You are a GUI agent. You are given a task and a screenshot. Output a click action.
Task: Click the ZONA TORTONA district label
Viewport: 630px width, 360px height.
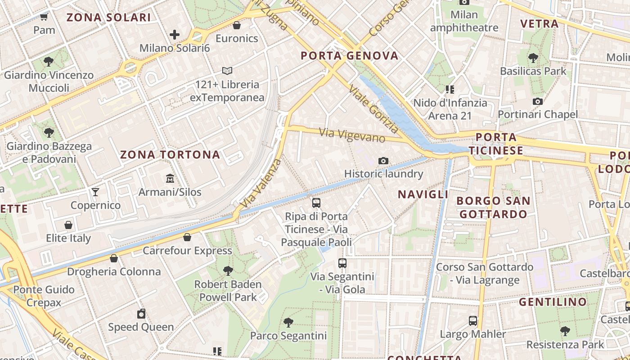(170, 155)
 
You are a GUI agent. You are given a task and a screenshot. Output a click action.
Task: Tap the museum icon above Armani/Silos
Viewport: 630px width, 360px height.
(170, 179)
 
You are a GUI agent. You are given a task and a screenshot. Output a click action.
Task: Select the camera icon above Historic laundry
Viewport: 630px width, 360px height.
(383, 161)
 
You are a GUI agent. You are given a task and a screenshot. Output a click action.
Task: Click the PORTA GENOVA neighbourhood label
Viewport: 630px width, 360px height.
(350, 56)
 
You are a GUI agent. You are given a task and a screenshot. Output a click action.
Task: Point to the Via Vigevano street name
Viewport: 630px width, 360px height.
(352, 135)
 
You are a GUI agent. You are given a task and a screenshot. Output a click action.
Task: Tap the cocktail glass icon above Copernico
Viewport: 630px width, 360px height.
(95, 192)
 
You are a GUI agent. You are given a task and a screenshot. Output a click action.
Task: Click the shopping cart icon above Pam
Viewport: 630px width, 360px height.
(44, 17)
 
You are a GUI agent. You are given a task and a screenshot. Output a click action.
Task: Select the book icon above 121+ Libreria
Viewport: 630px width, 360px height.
(227, 71)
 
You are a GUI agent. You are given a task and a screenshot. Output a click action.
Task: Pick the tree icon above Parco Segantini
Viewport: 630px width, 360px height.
(288, 322)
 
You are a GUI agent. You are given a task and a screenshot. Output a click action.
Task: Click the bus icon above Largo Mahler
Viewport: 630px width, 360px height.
(473, 321)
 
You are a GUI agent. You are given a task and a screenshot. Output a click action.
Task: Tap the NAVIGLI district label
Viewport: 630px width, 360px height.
(423, 194)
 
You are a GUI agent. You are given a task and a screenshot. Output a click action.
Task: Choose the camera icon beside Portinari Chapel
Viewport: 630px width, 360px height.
(537, 101)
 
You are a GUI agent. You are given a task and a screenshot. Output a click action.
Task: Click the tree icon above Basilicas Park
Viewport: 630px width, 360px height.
(533, 58)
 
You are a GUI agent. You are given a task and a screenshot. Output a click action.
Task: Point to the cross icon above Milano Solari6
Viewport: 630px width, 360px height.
(175, 34)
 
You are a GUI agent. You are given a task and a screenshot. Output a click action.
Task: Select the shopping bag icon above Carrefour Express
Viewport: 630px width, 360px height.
(187, 237)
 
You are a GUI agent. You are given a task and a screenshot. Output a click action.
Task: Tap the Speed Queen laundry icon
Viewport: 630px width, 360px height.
(141, 314)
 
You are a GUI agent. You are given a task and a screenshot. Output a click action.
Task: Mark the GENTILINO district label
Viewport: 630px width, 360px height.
(553, 302)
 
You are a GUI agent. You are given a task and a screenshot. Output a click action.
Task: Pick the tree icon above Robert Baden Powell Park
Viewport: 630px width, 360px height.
(228, 270)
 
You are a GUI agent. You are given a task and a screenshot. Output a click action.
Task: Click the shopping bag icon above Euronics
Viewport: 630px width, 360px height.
(237, 25)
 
